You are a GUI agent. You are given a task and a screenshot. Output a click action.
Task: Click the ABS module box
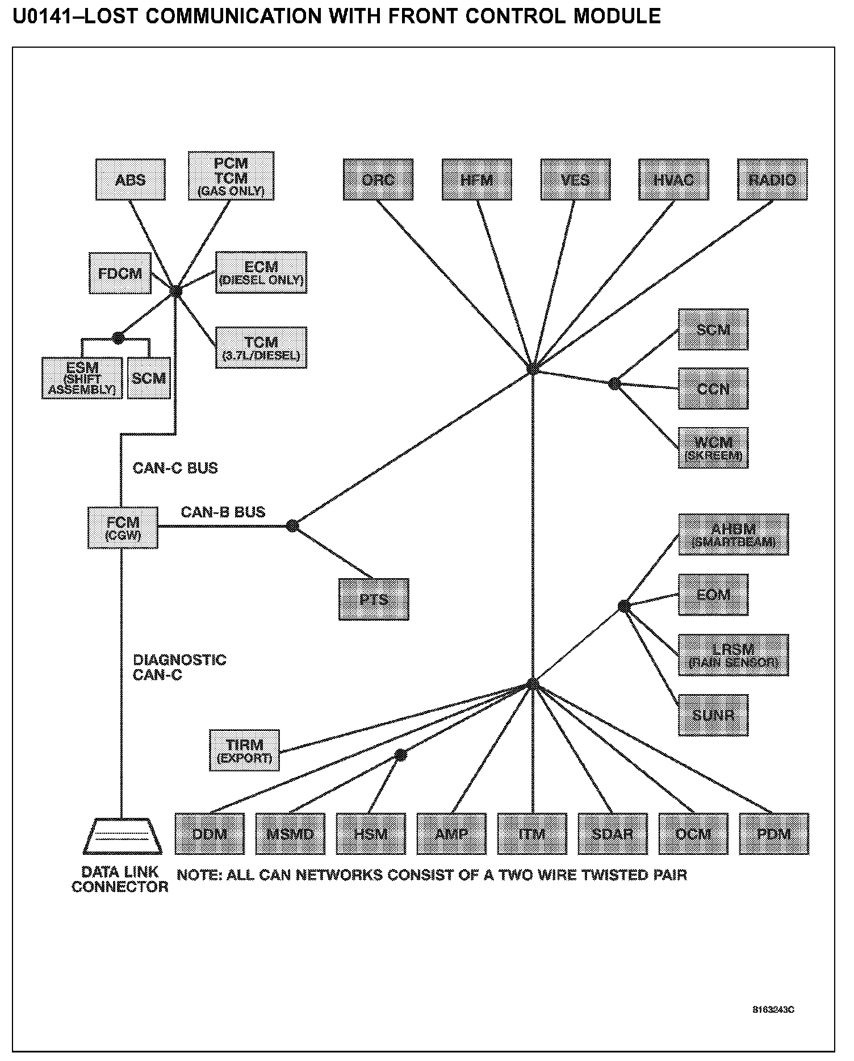[131, 179]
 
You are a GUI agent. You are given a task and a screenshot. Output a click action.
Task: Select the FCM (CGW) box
[123, 528]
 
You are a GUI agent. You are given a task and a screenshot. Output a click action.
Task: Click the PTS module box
[374, 599]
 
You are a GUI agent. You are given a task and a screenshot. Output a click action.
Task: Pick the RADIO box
[772, 179]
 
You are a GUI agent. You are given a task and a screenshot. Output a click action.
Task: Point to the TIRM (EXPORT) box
[244, 750]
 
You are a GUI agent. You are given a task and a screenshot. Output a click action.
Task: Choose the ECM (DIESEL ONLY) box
[261, 273]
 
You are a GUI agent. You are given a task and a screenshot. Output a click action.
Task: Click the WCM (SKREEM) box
[713, 448]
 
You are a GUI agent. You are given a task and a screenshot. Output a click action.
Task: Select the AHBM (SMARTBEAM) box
[734, 534]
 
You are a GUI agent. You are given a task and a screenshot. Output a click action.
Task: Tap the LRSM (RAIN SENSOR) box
[734, 655]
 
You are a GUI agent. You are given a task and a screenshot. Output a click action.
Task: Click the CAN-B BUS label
[223, 512]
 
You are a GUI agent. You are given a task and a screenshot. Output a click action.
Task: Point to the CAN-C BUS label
[175, 468]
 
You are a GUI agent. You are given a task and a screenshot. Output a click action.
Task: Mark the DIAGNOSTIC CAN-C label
[179, 667]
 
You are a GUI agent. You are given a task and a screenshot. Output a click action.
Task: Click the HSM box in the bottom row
[371, 834]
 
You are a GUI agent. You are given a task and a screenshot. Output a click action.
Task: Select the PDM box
[775, 834]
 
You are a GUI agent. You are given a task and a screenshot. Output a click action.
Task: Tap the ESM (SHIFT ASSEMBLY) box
[82, 378]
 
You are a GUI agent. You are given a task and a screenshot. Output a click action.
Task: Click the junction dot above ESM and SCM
[118, 338]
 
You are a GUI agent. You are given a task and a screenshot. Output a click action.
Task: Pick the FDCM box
[120, 273]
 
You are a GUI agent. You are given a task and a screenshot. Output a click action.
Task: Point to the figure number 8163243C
[773, 1010]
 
